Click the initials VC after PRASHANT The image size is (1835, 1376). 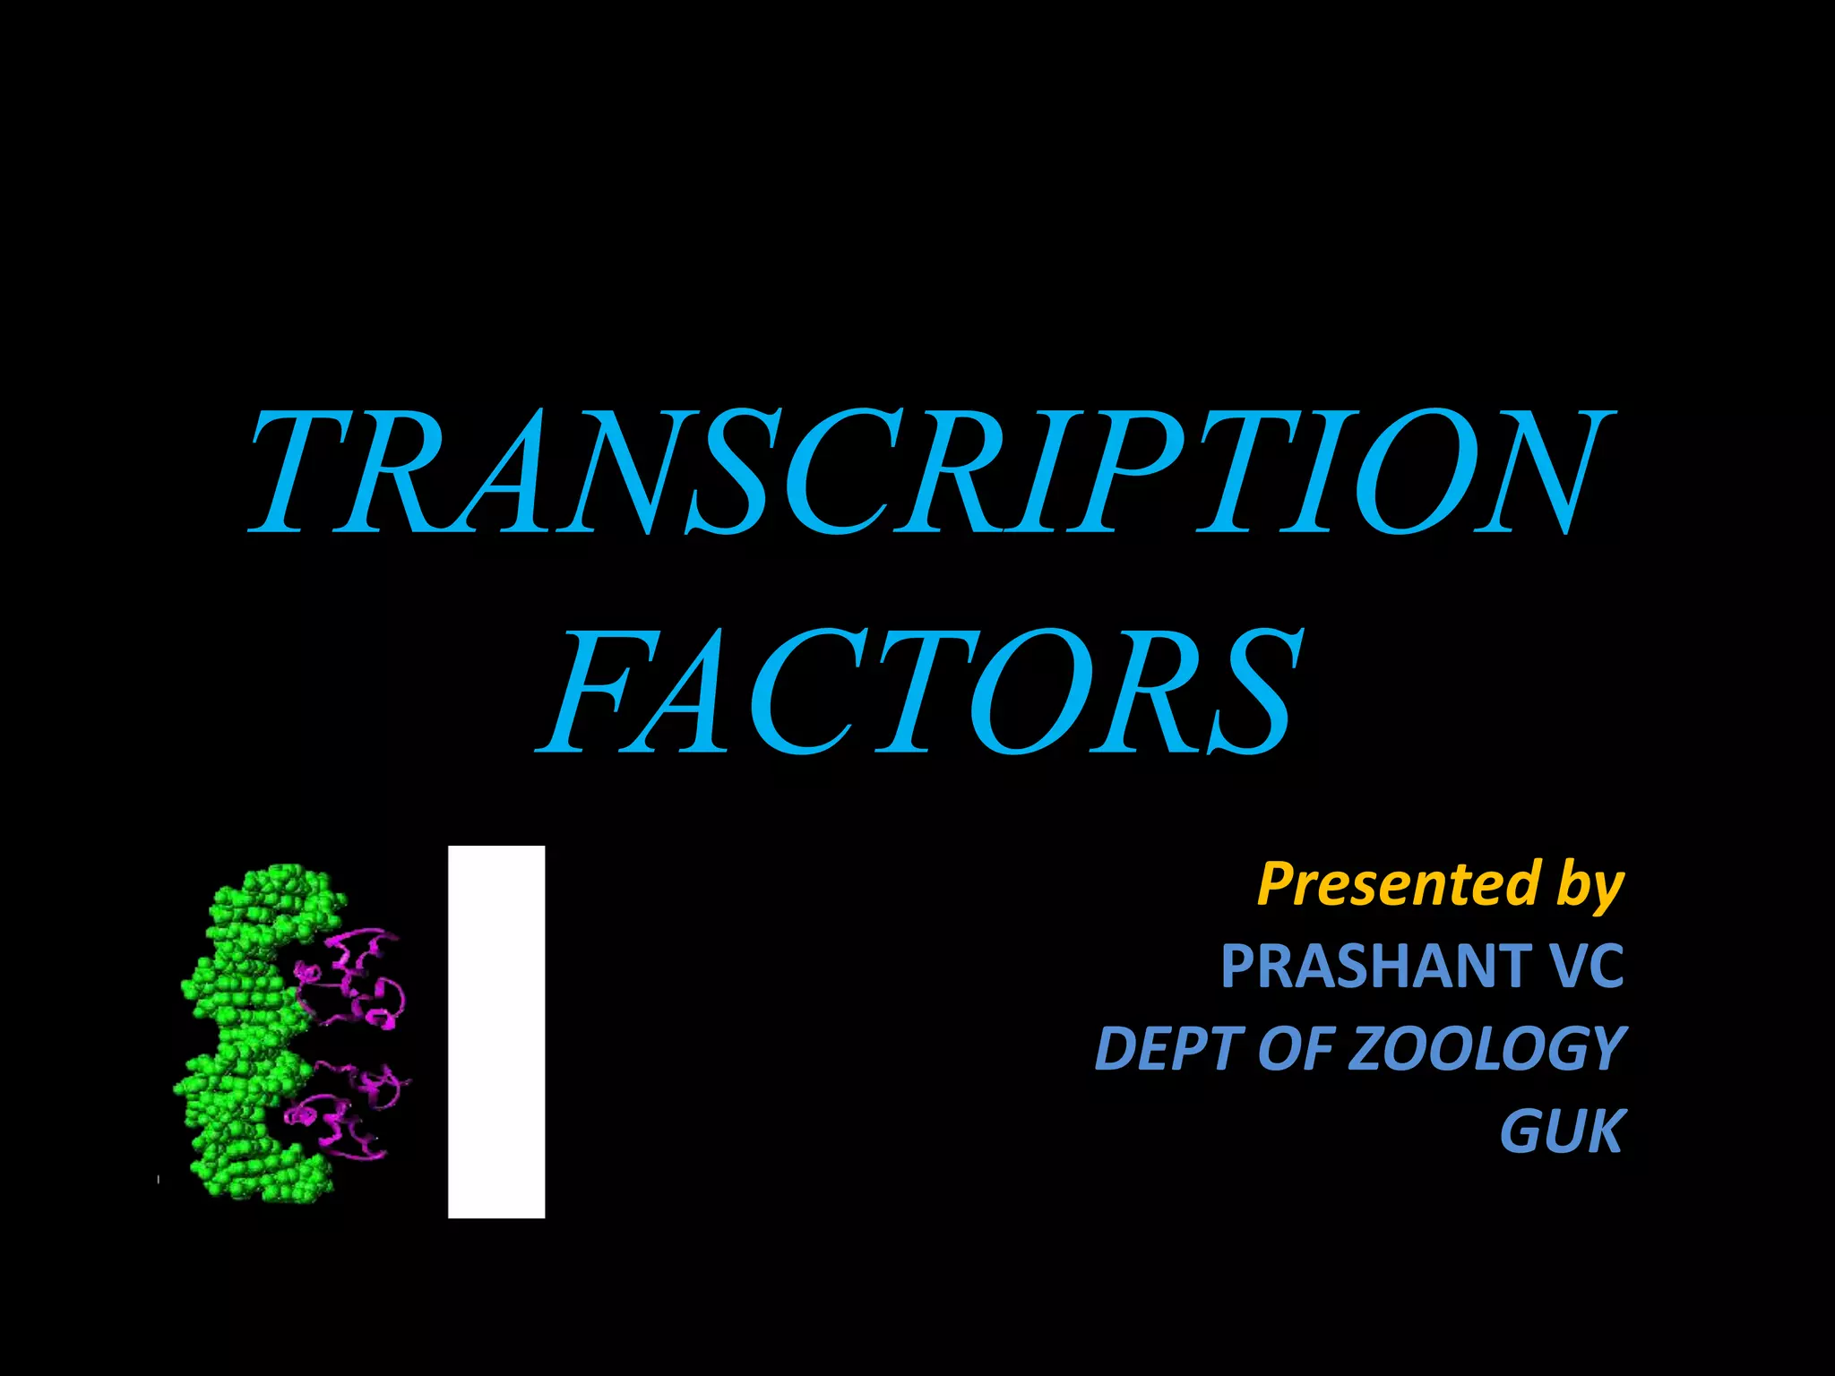tap(1586, 966)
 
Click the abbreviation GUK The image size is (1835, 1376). tap(1562, 1131)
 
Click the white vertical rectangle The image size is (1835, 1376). tap(496, 1031)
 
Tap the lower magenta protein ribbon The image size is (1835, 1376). tap(345, 1111)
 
